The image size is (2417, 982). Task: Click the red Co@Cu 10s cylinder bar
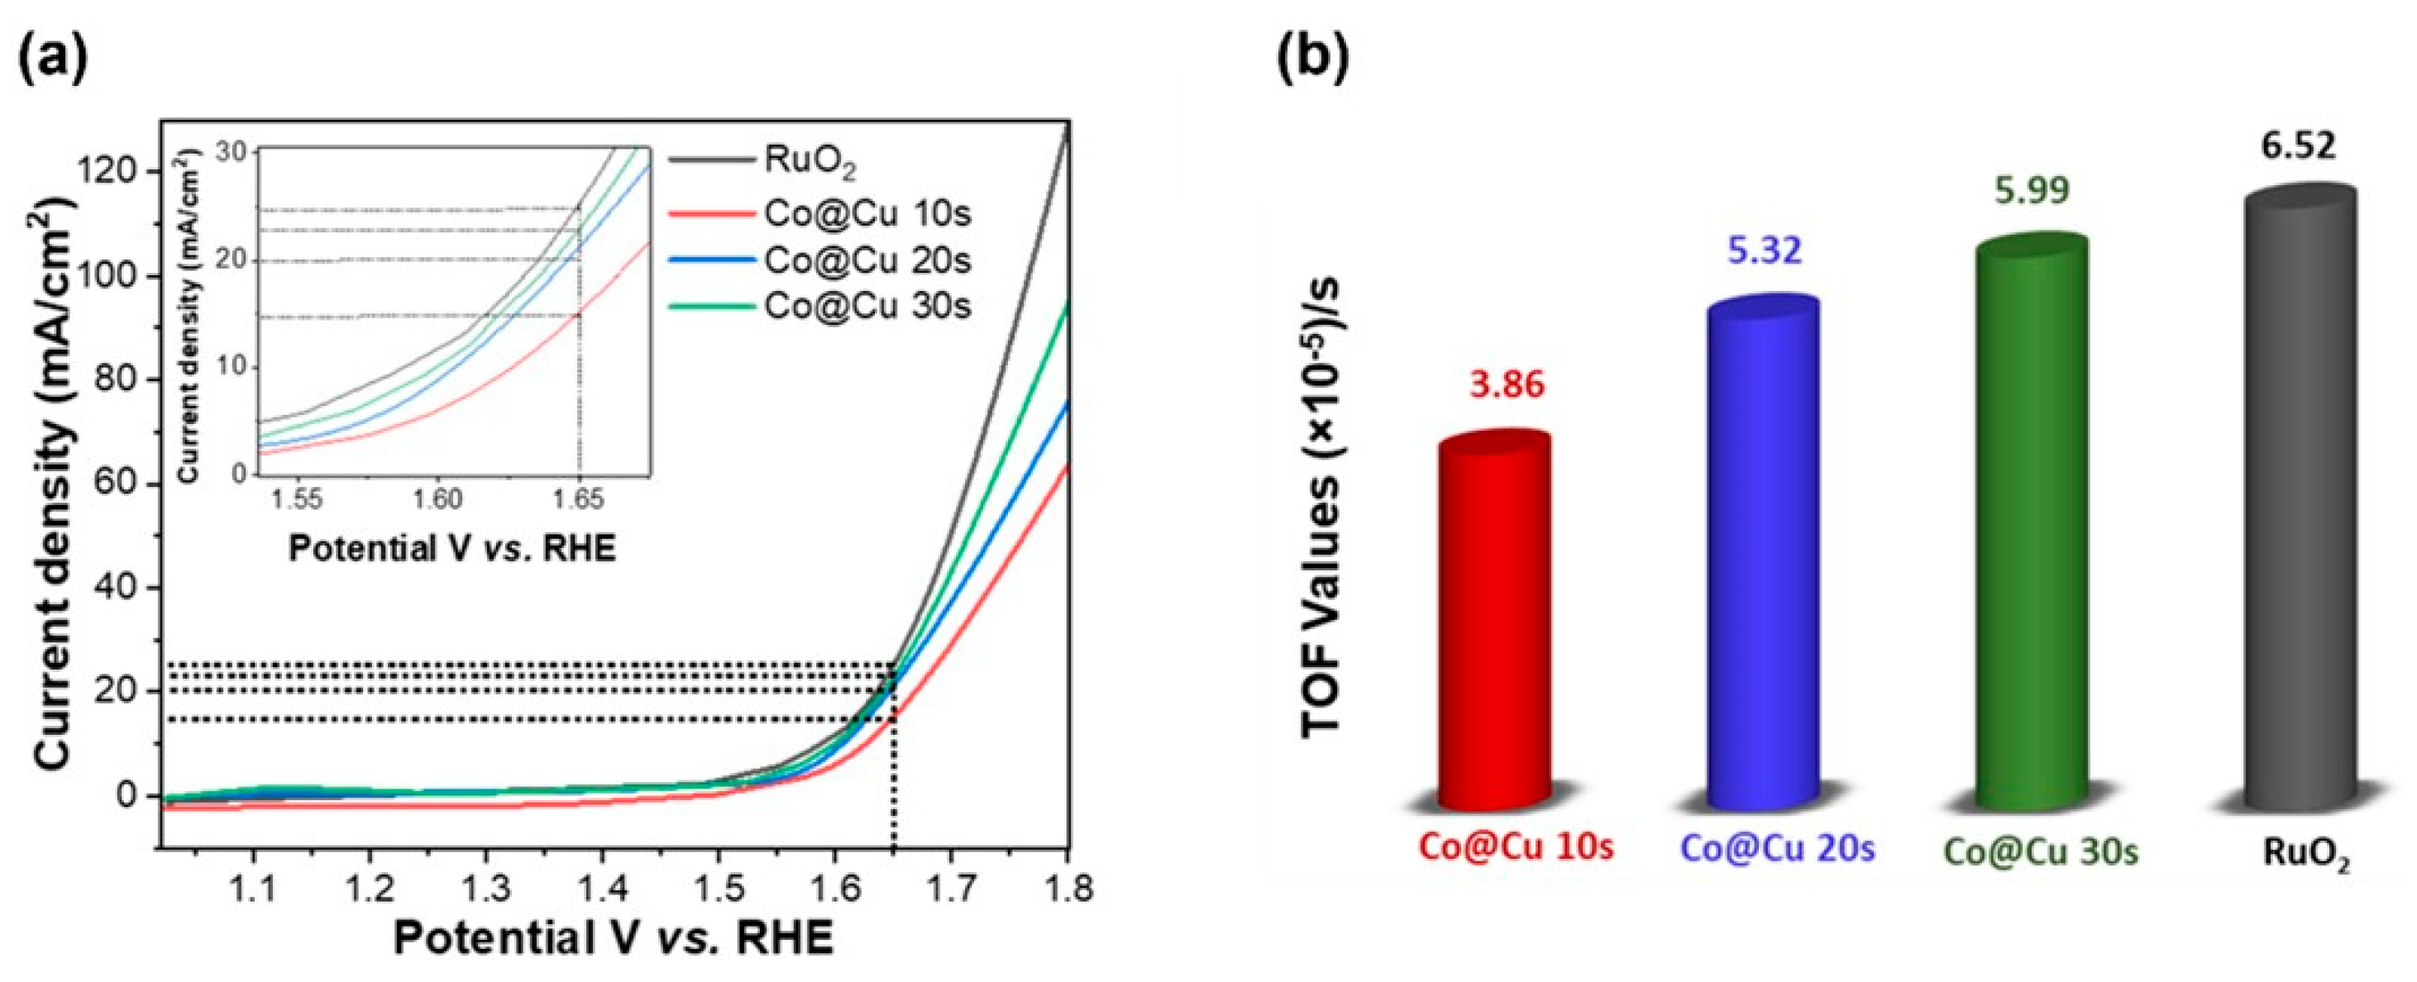click(x=1493, y=624)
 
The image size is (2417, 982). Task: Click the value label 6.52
click(x=2297, y=146)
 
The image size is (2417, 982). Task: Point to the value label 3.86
click(x=1507, y=384)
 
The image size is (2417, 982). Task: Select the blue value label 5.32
click(x=1765, y=250)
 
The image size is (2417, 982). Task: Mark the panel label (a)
click(x=54, y=58)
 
